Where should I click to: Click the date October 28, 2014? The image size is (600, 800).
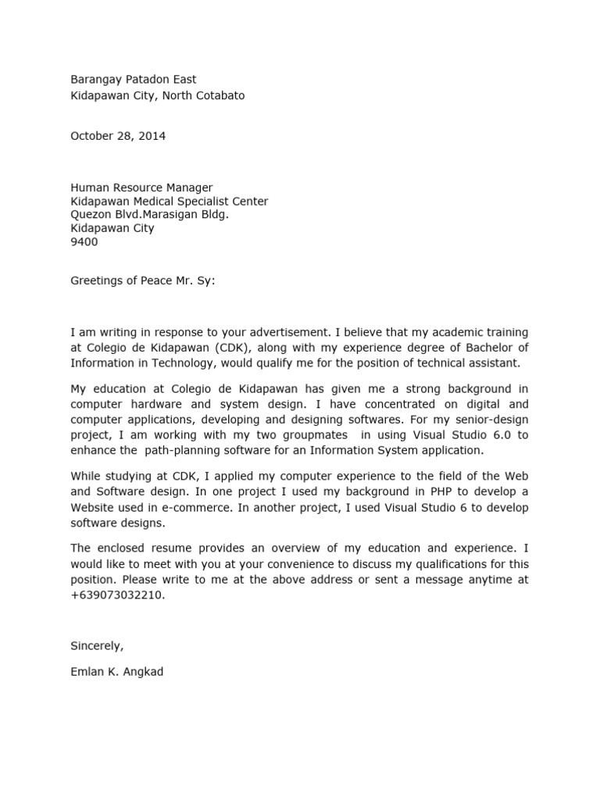pos(118,136)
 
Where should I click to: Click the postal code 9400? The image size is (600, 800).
pos(84,242)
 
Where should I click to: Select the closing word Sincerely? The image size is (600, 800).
pos(97,645)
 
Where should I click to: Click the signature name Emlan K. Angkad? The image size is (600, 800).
pos(117,672)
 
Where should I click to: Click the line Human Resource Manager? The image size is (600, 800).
pos(141,187)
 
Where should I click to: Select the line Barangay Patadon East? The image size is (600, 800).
pos(134,79)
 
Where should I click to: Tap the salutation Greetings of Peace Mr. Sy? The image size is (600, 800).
pos(142,280)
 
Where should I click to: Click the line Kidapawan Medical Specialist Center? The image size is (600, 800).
pos(170,202)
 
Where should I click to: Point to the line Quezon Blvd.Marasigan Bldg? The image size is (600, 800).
pos(150,215)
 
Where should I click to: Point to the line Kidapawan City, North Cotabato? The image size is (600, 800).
pos(158,95)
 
